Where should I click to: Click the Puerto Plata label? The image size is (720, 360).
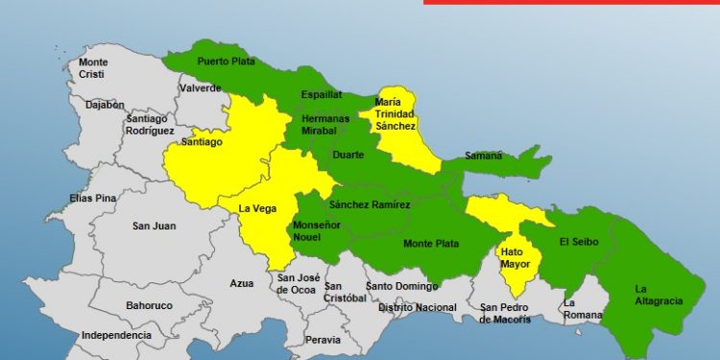pos(225,61)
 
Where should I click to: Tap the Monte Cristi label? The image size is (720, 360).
pos(93,68)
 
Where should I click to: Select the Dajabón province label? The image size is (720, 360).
pos(105,105)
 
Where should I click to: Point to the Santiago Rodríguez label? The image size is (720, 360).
pos(150,124)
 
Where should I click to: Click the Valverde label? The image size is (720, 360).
pos(199,88)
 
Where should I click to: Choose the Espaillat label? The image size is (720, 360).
pos(321,95)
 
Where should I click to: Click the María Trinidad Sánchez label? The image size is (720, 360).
pos(396,113)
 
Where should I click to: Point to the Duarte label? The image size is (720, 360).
pos(347,154)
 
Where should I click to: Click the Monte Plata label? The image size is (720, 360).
pos(431,244)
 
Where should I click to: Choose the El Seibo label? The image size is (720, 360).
pos(579,242)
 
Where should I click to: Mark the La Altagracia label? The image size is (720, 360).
pos(659,295)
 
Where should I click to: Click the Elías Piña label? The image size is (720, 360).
pos(93,198)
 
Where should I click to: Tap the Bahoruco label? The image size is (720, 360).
pos(149,305)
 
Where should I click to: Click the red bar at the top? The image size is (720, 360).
pos(571,2)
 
